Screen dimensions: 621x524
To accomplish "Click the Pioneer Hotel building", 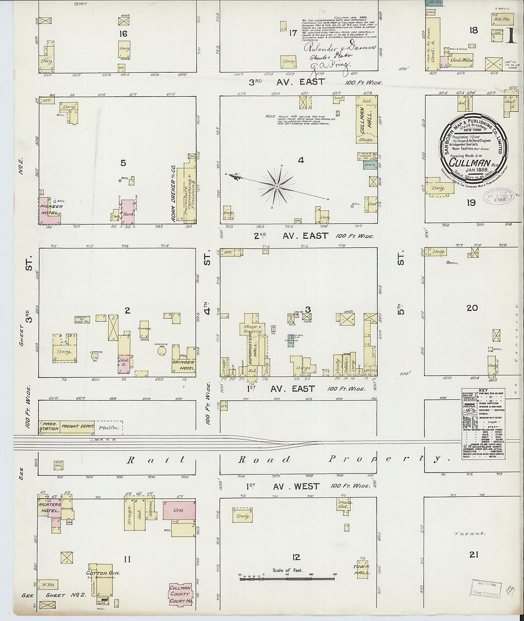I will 50,210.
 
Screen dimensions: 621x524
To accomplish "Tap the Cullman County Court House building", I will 181,594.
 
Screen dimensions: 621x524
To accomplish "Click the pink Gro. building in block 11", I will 179,510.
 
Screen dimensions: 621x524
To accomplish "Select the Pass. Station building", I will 49,426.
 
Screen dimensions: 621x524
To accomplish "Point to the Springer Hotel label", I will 183,365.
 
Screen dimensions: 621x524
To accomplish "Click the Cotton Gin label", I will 102,573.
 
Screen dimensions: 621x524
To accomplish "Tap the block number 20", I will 472,308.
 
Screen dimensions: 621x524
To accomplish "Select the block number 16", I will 123,33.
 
